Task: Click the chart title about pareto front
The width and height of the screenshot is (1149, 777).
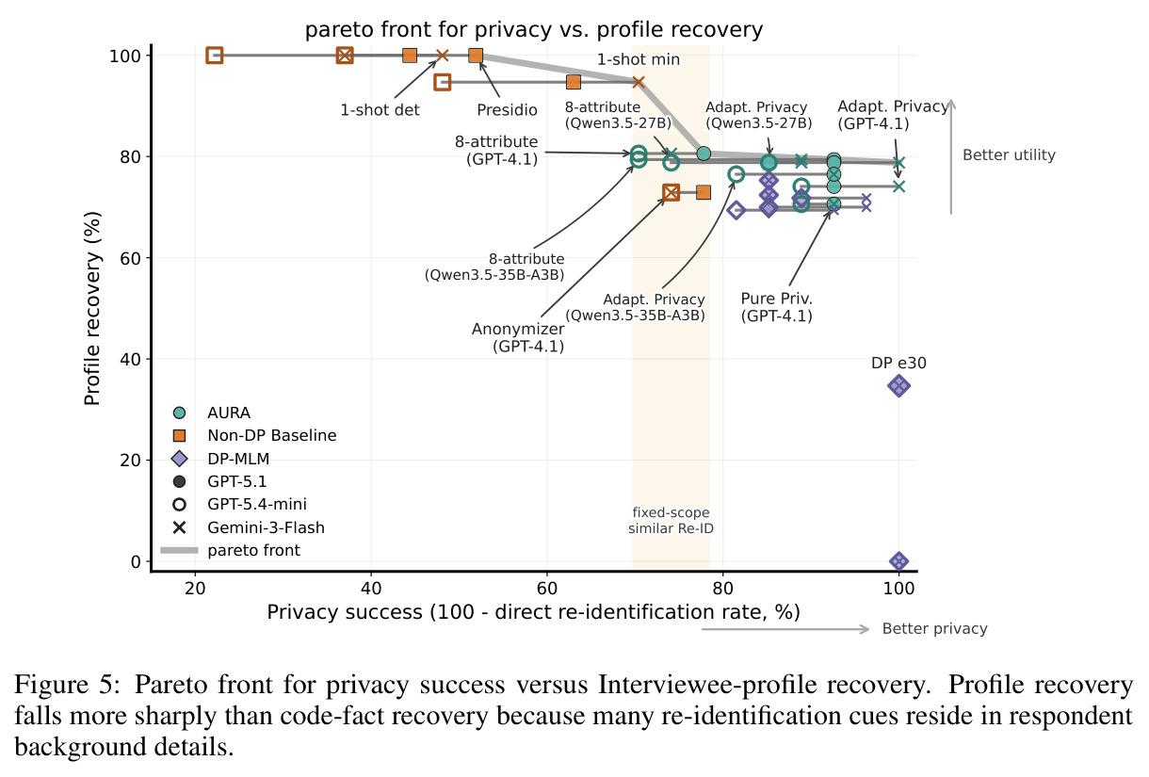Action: pos(533,30)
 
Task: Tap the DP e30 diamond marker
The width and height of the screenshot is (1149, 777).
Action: pos(898,386)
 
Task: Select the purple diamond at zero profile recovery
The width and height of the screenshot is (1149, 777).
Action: pos(898,561)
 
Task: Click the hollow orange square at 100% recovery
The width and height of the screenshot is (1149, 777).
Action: pos(215,56)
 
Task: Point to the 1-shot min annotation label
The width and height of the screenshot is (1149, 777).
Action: pos(639,59)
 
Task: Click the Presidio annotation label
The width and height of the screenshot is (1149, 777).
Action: pos(507,110)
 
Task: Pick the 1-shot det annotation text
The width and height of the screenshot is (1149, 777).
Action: pos(380,110)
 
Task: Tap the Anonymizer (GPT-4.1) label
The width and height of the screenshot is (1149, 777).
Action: pos(518,337)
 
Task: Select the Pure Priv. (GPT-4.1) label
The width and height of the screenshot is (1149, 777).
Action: pos(777,307)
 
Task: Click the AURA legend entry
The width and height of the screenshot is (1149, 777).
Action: pos(228,413)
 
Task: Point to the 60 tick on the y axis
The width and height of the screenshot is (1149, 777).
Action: pos(130,258)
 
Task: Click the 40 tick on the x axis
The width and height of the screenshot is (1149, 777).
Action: pos(371,588)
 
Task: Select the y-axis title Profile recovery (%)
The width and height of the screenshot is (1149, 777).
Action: pos(92,308)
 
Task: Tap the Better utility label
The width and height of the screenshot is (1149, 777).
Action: pos(1009,154)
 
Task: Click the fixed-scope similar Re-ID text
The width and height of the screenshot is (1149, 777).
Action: pos(671,520)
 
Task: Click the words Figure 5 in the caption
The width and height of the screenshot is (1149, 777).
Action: pos(67,686)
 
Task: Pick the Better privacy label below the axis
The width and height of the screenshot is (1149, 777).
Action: pos(934,629)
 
